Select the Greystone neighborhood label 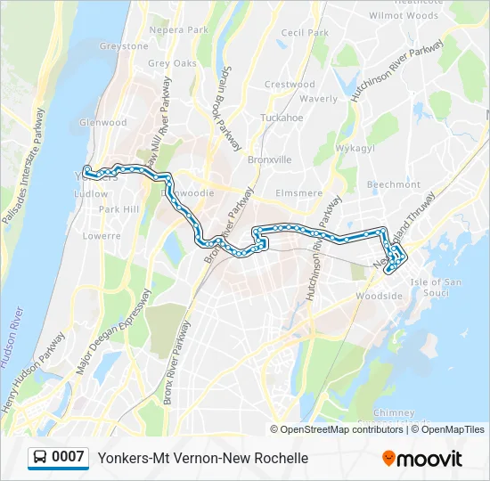[x=124, y=46]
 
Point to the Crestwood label [x=290, y=85]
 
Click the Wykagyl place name [x=355, y=148]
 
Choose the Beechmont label [x=393, y=184]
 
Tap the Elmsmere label [x=298, y=192]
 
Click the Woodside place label [x=372, y=295]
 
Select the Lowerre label [x=101, y=236]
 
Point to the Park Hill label [x=118, y=209]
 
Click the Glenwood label [x=103, y=123]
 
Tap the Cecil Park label [x=305, y=33]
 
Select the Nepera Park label [x=179, y=29]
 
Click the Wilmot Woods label [x=404, y=16]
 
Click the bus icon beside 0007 [x=40, y=458]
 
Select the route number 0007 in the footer [x=69, y=458]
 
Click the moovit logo [x=422, y=459]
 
